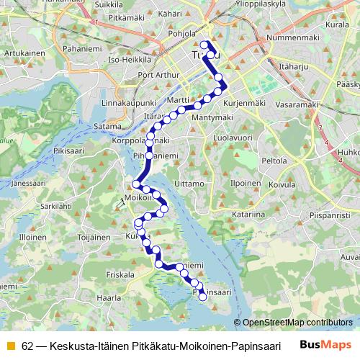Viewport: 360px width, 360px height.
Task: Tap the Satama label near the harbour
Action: pos(107,127)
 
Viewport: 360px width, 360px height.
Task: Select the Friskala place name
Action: pos(120,274)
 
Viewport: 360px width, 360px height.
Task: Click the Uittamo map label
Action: pos(190,184)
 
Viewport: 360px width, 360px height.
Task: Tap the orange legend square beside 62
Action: pos(9,346)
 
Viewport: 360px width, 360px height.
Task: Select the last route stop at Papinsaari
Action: pos(202,297)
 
